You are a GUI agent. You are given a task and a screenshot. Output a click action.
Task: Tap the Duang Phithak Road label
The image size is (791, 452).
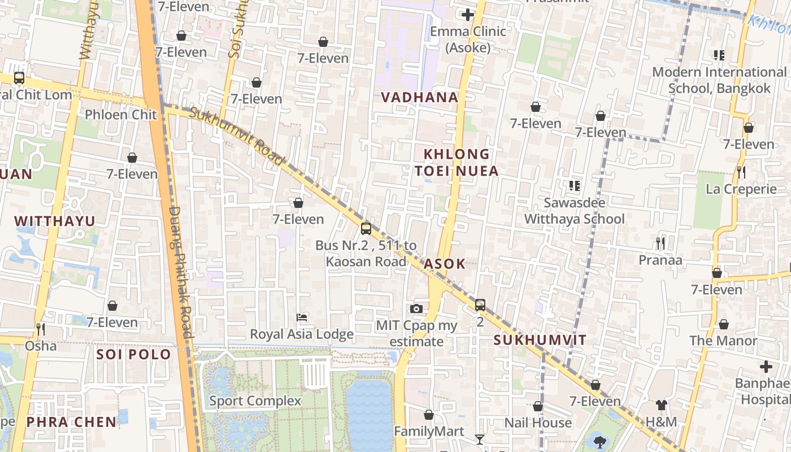(181, 271)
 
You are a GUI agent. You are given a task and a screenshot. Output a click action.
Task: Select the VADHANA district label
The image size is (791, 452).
(419, 97)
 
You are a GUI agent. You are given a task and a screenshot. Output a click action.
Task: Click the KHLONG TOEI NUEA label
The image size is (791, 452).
(457, 163)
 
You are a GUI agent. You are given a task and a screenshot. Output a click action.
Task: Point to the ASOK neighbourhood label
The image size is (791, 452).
(445, 264)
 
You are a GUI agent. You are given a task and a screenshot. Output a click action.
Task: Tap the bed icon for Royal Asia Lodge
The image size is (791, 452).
(302, 318)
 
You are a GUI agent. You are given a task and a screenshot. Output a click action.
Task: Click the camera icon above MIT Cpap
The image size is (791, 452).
(416, 308)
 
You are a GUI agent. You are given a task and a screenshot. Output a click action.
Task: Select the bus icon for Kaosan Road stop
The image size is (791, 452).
(366, 229)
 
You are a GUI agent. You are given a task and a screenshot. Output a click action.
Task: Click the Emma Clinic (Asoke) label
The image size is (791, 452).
(468, 39)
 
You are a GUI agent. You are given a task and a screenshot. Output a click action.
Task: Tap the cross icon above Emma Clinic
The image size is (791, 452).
(467, 15)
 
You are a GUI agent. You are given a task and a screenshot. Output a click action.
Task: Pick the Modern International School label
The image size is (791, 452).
(719, 80)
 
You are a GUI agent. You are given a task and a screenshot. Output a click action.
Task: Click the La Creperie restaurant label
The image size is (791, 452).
(741, 189)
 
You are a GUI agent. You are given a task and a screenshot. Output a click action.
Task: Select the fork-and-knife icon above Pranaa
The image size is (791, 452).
(660, 244)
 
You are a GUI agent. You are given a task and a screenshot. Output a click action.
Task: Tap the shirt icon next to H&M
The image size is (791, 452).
(661, 405)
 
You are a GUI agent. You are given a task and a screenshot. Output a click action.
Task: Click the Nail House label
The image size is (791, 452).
(538, 423)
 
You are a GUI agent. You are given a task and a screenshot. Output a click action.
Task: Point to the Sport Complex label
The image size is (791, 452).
(255, 401)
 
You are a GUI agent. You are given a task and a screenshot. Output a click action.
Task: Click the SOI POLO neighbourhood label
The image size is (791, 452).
(133, 354)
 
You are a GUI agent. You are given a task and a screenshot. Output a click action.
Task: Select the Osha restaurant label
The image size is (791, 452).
(41, 345)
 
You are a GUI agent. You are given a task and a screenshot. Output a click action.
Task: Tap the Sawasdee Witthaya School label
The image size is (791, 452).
(575, 211)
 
